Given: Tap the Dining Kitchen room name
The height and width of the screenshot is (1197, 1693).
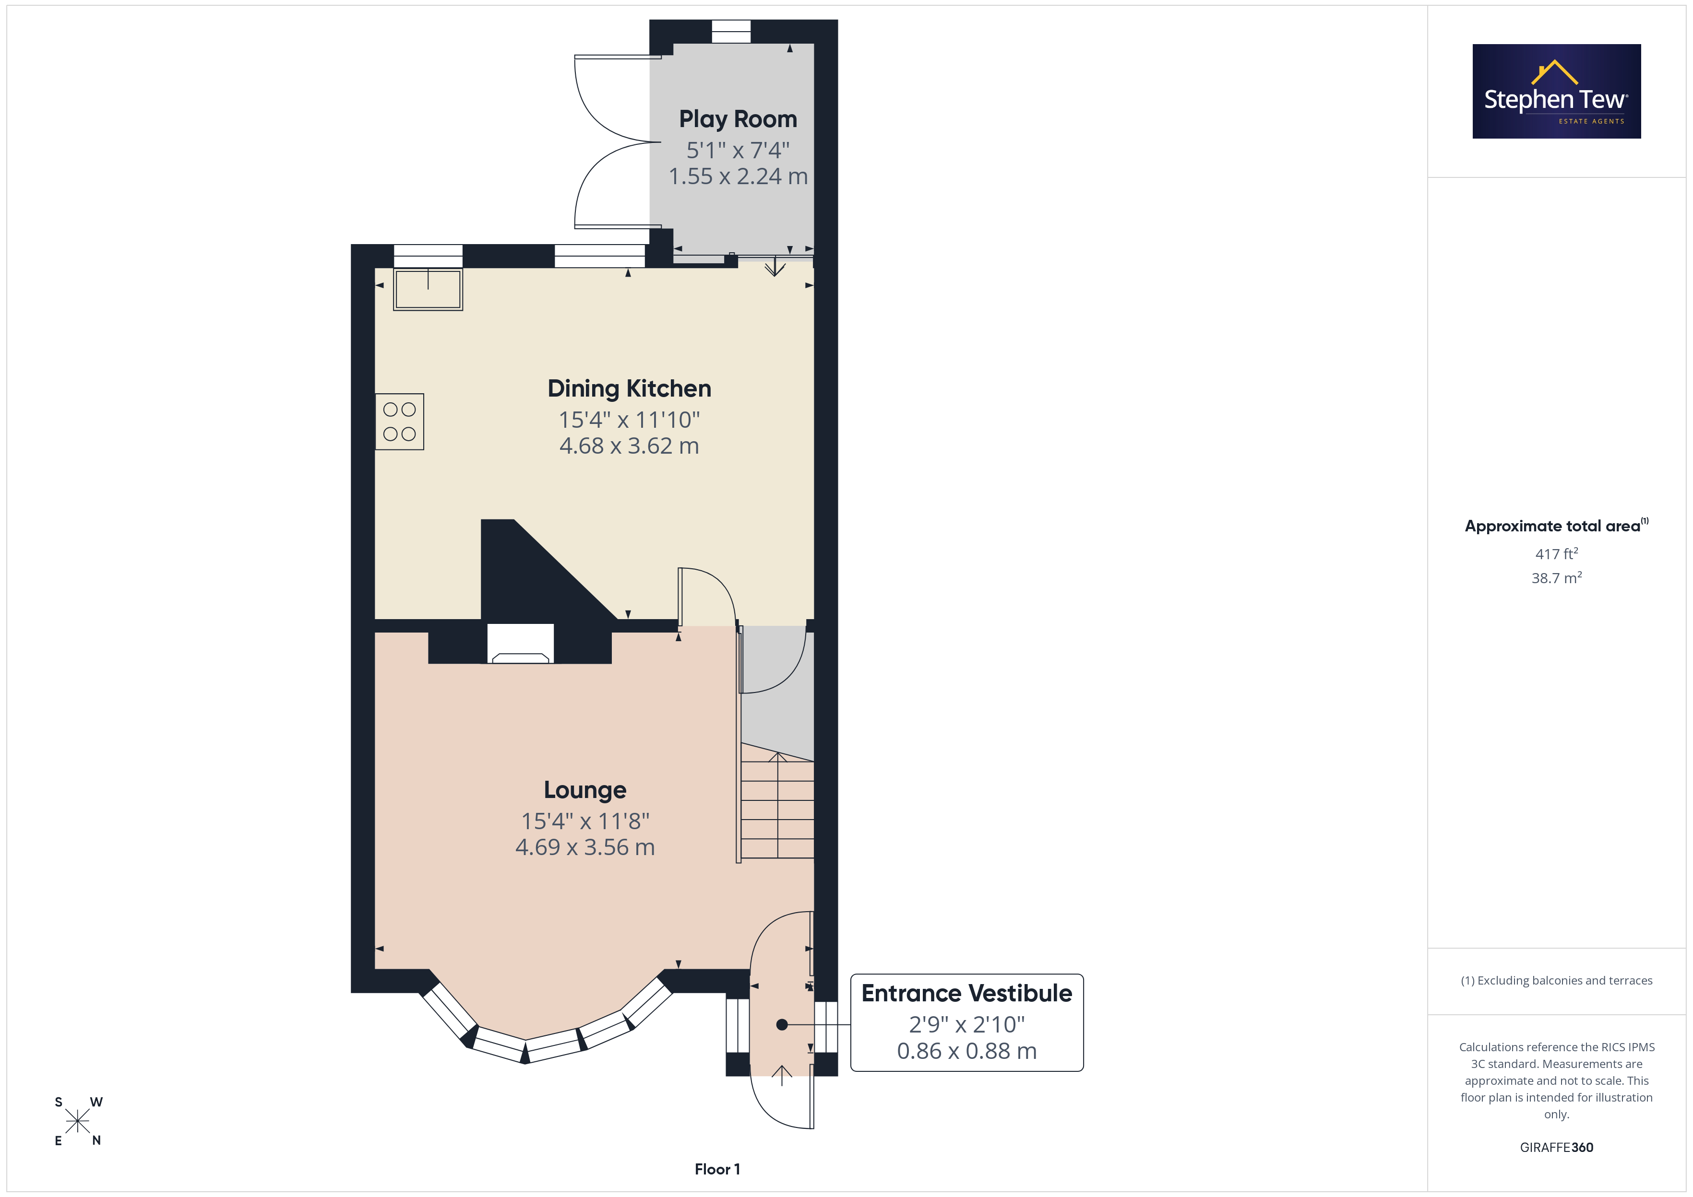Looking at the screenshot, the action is pyautogui.click(x=629, y=388).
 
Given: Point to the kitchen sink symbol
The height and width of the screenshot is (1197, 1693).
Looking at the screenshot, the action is pyautogui.click(x=428, y=289).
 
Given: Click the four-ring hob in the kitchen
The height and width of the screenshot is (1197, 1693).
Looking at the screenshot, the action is pyautogui.click(x=400, y=422).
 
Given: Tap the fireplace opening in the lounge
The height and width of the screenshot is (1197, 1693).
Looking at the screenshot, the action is pyautogui.click(x=521, y=644).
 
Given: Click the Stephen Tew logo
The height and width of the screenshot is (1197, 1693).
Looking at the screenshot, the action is pyautogui.click(x=1557, y=92).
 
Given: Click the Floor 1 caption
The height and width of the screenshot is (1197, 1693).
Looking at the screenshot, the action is pyautogui.click(x=717, y=1169).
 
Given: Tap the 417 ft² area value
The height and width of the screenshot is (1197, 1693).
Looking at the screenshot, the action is pyautogui.click(x=1557, y=553).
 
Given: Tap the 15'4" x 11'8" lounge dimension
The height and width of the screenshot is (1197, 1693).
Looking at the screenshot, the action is pyautogui.click(x=585, y=821).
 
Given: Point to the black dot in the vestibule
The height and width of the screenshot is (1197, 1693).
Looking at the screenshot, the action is pyautogui.click(x=782, y=1024).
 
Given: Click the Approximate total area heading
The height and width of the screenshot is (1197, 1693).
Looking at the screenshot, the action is pyautogui.click(x=1557, y=526).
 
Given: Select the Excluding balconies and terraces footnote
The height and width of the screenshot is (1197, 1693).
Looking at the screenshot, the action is pyautogui.click(x=1557, y=980).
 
